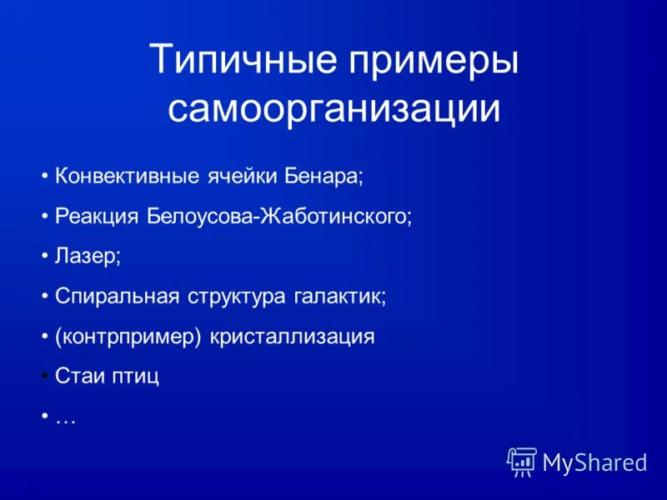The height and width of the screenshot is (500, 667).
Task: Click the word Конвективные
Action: (x=126, y=177)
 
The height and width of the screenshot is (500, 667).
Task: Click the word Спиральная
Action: (x=112, y=297)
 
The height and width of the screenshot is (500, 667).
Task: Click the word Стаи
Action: (x=79, y=377)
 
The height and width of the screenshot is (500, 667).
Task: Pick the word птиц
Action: (x=135, y=377)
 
